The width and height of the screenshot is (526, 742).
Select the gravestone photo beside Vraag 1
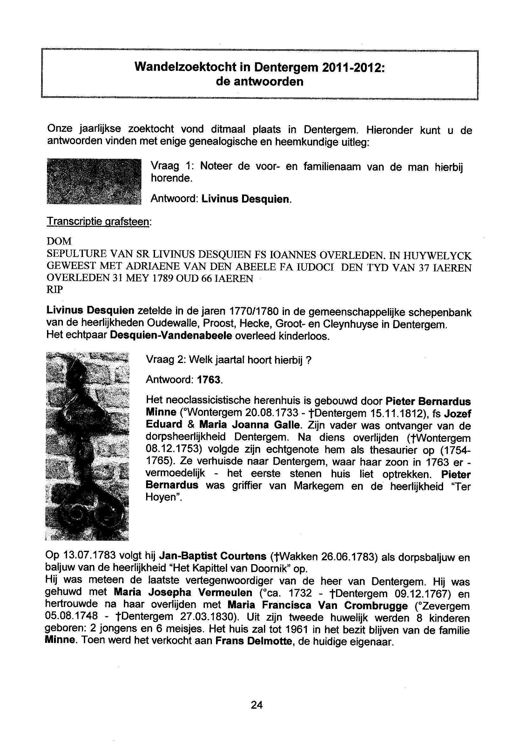[x=94, y=181]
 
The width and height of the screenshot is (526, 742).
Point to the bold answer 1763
[x=209, y=380]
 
